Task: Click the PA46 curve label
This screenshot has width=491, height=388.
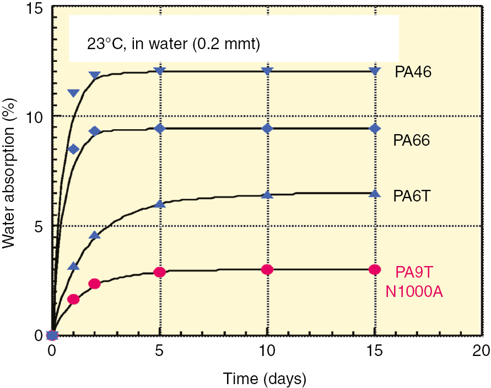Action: tap(413, 72)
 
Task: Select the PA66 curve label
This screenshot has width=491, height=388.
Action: tap(411, 141)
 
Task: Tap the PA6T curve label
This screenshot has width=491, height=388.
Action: tap(411, 196)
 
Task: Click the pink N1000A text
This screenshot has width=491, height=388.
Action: tap(413, 291)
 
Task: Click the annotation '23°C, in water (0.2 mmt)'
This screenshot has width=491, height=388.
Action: tap(172, 44)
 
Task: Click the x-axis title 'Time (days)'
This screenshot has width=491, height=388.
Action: tap(264, 378)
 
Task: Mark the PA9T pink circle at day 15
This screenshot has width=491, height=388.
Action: tap(375, 269)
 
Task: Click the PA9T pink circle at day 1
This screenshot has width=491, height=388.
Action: tap(73, 300)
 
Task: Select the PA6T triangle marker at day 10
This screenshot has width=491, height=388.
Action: tap(267, 194)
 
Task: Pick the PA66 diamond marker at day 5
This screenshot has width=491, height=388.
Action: tap(160, 129)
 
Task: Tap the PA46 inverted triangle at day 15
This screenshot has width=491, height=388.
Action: tap(375, 71)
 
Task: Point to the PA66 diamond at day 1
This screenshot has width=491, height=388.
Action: tap(73, 150)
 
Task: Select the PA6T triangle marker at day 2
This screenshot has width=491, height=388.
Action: tap(95, 235)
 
